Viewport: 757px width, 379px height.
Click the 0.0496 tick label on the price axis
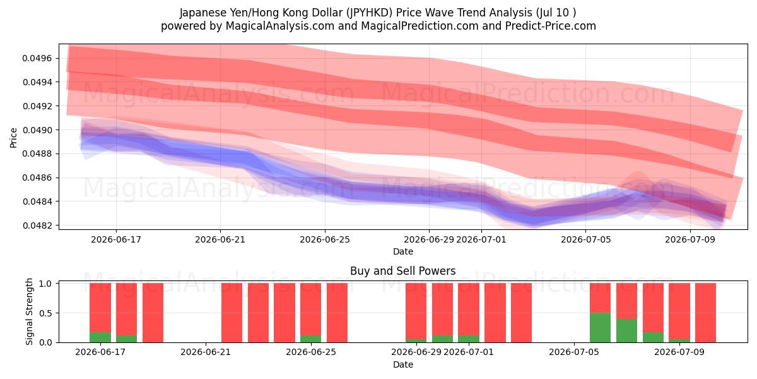point(37,59)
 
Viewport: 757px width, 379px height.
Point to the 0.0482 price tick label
point(37,226)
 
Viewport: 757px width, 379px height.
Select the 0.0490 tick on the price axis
point(37,130)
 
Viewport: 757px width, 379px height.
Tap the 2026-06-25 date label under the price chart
point(325,239)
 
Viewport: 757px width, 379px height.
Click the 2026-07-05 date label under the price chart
point(585,239)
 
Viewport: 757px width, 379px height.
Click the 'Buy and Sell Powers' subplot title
point(403,271)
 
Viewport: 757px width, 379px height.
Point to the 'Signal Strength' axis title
point(30,311)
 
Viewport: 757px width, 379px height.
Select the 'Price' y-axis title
point(13,138)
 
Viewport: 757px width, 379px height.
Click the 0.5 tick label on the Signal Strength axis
point(45,313)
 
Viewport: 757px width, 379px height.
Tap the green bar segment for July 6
point(600,328)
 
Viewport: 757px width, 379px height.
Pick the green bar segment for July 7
point(626,330)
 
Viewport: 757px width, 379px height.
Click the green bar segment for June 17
point(100,337)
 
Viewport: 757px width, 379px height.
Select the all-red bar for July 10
point(705,313)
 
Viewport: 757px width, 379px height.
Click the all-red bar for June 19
point(153,313)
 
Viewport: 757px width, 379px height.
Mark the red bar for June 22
point(232,313)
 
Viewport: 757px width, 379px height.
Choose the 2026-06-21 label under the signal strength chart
point(206,352)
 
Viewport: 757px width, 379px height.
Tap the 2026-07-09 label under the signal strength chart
point(679,352)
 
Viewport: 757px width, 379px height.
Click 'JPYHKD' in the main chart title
point(370,13)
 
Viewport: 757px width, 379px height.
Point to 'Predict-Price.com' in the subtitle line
point(551,26)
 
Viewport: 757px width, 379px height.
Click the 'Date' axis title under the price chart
point(403,251)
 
